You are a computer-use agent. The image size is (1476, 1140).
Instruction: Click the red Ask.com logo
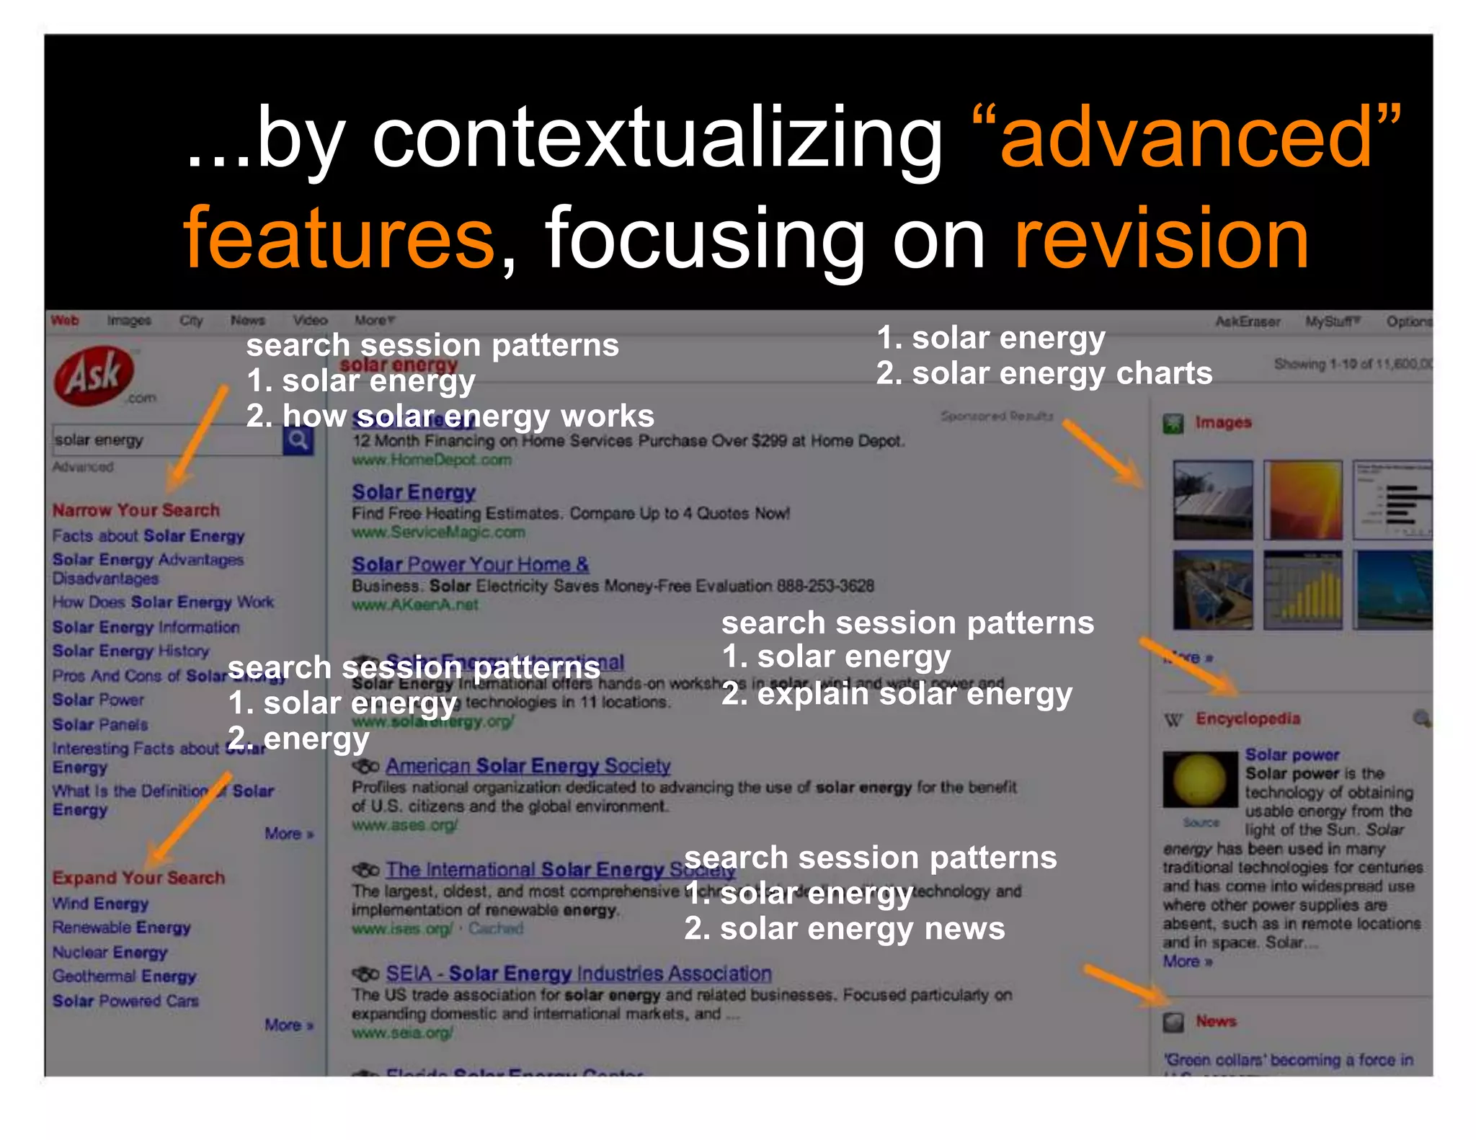click(94, 375)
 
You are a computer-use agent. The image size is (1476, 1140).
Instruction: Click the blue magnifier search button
click(298, 439)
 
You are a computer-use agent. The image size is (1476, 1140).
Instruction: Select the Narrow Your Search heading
click(135, 510)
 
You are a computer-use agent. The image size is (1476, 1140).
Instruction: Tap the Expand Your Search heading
click(138, 878)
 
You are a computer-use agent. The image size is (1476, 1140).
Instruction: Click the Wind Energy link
click(100, 904)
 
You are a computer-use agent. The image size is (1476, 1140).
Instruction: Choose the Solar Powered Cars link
click(125, 1001)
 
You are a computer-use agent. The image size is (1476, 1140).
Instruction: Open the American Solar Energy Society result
click(528, 765)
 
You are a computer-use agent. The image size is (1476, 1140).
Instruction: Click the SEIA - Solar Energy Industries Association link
click(578, 974)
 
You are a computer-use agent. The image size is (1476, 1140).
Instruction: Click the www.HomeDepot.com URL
click(431, 460)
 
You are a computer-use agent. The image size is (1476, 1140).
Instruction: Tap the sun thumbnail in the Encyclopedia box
click(1199, 780)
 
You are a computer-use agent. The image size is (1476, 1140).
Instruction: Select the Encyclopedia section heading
click(1248, 718)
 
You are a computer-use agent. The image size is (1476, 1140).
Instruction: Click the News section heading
click(1216, 1021)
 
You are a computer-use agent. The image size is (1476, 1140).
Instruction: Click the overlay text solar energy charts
click(1062, 373)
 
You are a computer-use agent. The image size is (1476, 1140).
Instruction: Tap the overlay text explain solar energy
click(914, 693)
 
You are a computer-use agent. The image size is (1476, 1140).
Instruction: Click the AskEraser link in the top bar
click(1247, 321)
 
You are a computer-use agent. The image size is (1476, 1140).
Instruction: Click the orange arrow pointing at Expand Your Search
click(191, 818)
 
